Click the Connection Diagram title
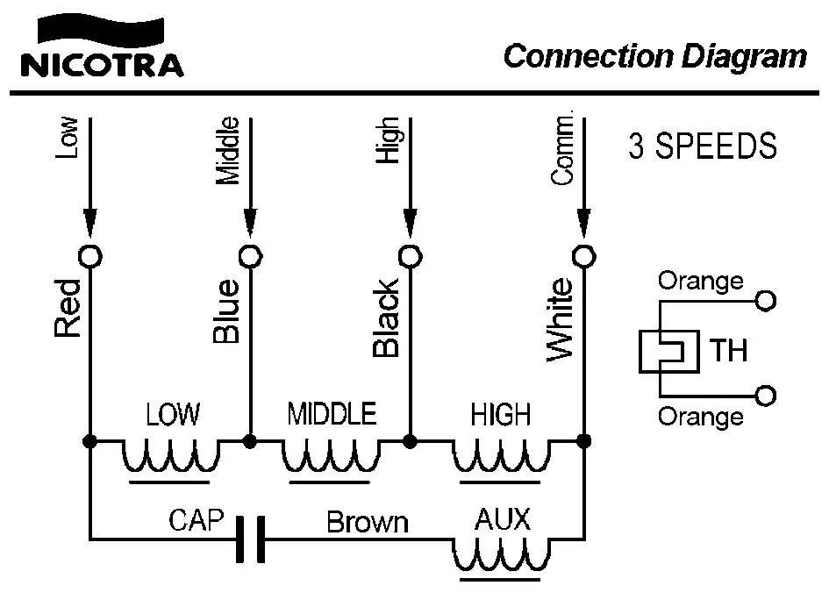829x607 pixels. pos(654,56)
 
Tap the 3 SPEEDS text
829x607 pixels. pos(703,146)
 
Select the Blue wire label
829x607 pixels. pos(225,312)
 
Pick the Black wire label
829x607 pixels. pos(386,318)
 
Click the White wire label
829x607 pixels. pos(560,320)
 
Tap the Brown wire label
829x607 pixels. pos(368,523)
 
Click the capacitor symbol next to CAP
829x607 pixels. pos(249,539)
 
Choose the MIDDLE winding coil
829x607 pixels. pos(331,456)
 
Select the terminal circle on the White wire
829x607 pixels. pos(583,256)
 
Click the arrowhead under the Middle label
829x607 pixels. pos(251,223)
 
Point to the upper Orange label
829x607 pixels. pos(700,281)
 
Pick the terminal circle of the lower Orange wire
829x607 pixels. pos(766,396)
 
